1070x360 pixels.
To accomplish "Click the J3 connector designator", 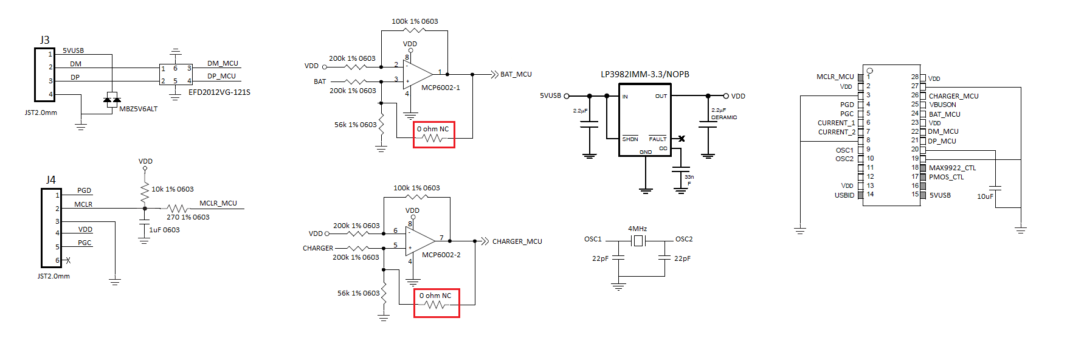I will pos(45,40).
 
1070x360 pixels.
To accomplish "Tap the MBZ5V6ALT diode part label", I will pos(139,109).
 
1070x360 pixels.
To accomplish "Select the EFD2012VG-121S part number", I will pos(219,92).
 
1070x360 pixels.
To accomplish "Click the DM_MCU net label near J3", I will pos(223,63).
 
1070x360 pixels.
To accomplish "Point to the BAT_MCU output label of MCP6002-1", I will pos(516,74).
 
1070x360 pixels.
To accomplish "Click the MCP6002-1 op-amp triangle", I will pos(417,75).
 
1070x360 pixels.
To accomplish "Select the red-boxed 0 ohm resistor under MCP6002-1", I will pos(433,134).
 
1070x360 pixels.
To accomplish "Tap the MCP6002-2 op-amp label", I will pos(441,255).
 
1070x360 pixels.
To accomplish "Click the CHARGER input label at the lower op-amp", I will pos(318,248).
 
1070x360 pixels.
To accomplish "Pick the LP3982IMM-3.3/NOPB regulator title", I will pos(645,74).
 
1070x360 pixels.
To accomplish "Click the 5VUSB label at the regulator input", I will pos(550,96).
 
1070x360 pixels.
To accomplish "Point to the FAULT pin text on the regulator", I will pos(658,139).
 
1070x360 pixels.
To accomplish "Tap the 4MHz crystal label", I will pos(637,229).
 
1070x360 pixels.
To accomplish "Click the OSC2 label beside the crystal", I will pos(684,239).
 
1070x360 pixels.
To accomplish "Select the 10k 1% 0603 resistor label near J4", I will pos(173,189).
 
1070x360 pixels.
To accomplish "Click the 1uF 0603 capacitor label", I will pos(165,230).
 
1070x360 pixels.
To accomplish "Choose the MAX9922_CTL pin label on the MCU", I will pos(952,168).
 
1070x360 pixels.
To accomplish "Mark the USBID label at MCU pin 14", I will pos(844,195).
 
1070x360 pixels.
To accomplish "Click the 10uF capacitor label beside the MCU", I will pos(985,196).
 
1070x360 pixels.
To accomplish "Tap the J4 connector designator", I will pos(51,180).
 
